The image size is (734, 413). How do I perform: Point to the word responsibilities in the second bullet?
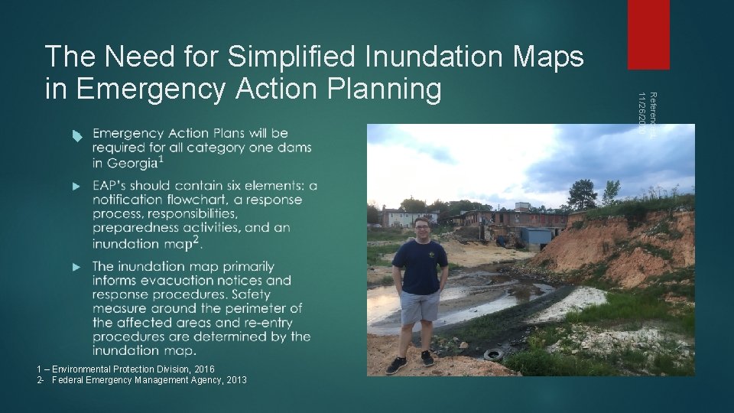[193, 214]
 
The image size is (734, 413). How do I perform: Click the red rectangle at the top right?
[648, 34]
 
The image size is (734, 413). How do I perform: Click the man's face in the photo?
[421, 229]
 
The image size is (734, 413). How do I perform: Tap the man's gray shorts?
[419, 307]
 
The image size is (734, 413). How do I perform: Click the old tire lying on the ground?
[494, 354]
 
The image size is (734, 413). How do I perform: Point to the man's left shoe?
[427, 358]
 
